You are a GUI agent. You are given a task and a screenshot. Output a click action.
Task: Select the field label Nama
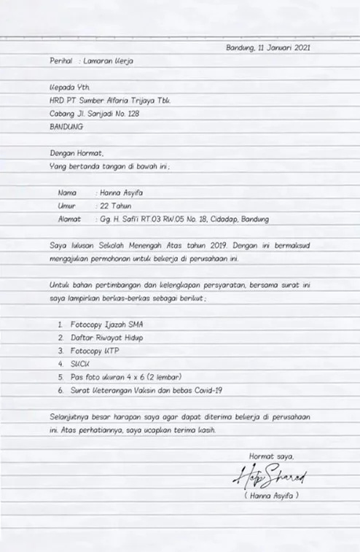pyautogui.click(x=67, y=193)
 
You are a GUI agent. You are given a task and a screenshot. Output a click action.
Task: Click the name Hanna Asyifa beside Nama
pyautogui.click(x=122, y=193)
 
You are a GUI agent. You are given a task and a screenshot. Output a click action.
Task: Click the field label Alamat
pyautogui.click(x=69, y=219)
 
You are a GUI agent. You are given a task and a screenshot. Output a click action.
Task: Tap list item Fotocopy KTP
pyautogui.click(x=95, y=350)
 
